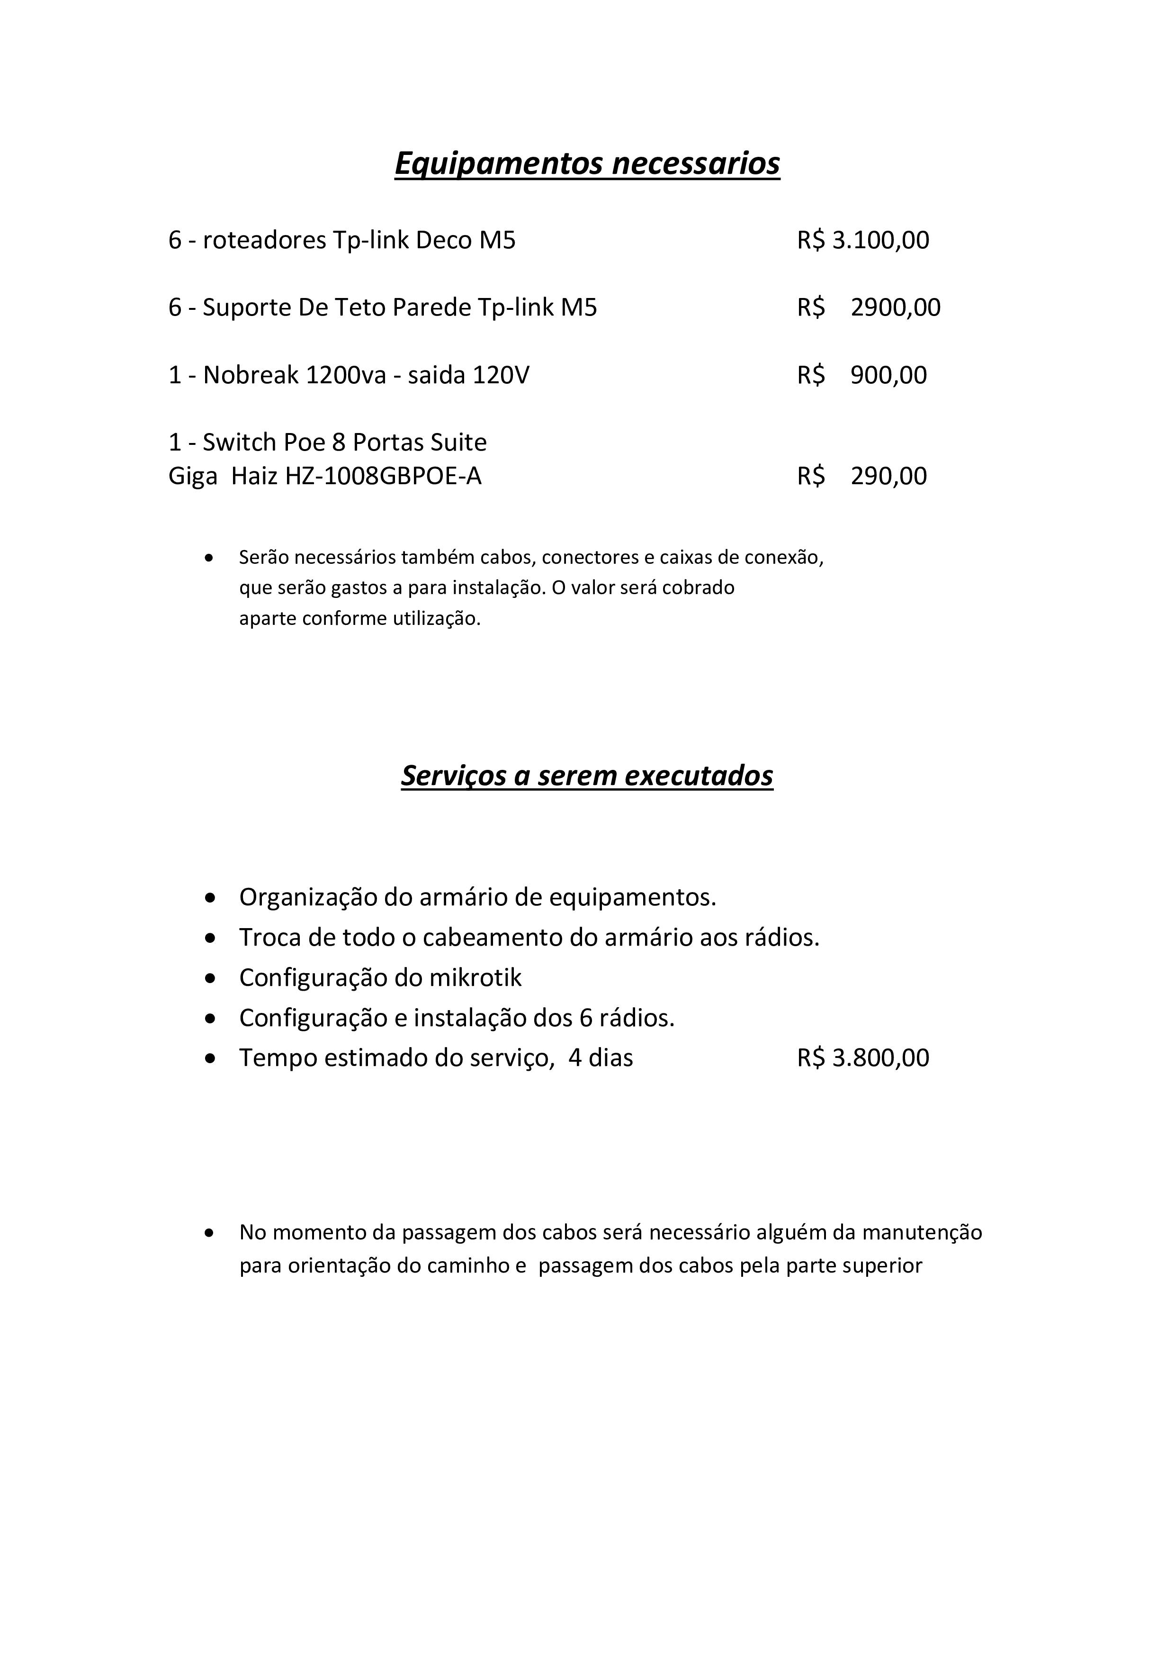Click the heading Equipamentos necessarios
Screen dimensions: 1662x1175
click(587, 163)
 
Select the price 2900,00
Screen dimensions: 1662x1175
click(895, 307)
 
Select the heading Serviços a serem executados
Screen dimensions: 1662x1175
click(587, 775)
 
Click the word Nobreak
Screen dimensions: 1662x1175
click(251, 375)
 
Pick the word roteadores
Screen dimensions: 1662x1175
click(264, 240)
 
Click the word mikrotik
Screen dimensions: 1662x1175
click(475, 977)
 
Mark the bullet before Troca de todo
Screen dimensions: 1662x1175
click(210, 938)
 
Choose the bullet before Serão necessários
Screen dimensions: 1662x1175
click(210, 558)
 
